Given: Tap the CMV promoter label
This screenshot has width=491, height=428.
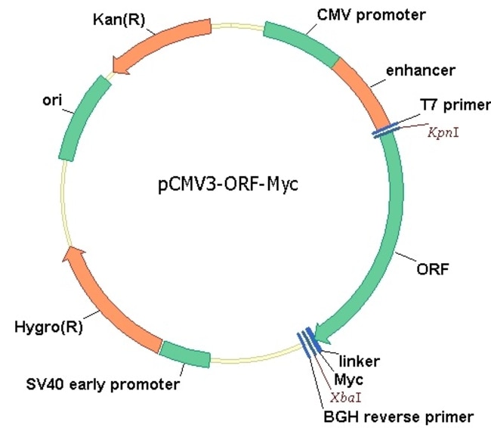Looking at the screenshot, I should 361,14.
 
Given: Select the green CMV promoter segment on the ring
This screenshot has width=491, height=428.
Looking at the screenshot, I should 301,42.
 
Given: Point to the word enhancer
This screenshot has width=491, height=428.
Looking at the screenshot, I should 420,70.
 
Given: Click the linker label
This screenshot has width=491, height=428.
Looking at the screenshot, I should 360,361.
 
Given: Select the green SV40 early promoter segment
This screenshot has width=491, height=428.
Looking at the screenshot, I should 185,354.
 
